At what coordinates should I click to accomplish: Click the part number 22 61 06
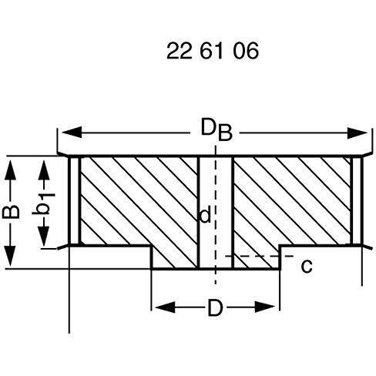213,51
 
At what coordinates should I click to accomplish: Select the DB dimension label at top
217,129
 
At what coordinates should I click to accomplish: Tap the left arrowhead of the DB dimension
72,133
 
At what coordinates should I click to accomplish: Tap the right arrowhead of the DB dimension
358,133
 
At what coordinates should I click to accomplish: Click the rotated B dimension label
11,212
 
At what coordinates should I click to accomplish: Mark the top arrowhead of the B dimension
10,170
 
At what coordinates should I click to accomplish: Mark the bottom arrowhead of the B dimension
10,256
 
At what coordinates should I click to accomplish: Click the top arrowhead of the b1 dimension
44,170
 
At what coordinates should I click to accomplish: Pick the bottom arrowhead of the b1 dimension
44,236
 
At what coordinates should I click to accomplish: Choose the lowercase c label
307,266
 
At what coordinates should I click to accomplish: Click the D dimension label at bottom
215,307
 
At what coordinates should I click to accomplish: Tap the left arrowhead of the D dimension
166,307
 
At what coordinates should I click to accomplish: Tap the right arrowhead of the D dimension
265,307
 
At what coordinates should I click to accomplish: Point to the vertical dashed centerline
216,215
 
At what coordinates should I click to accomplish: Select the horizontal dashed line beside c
260,256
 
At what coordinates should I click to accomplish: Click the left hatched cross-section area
139,206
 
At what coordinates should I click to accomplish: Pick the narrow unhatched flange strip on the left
75,200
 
